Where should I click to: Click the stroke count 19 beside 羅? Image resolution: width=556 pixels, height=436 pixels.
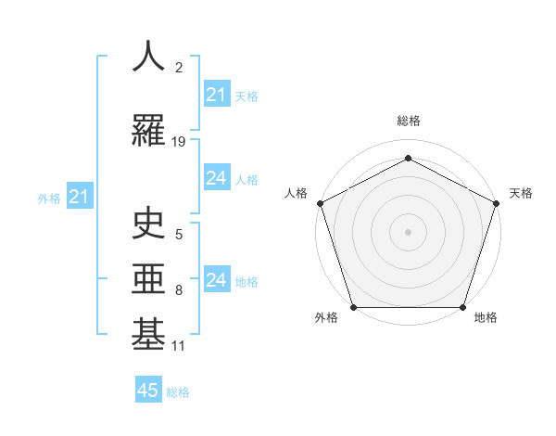tap(179, 142)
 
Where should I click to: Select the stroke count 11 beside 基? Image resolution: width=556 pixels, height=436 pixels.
tap(179, 346)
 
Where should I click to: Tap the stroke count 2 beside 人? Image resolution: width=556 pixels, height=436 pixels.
tap(179, 68)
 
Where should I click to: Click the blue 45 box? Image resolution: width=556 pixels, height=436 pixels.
tap(148, 391)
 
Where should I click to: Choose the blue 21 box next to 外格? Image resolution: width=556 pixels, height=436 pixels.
tap(79, 197)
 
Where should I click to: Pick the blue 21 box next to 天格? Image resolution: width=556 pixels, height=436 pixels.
tap(217, 95)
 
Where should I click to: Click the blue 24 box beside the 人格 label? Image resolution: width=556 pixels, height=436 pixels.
tap(217, 178)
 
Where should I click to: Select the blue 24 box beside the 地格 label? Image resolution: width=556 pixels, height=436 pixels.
tap(217, 280)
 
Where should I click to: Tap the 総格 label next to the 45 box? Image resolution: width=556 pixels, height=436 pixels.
tap(178, 392)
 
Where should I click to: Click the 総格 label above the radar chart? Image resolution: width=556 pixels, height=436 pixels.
tap(408, 121)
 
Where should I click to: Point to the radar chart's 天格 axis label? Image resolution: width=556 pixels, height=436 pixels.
tap(521, 193)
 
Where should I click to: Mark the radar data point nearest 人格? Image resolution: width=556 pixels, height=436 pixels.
tap(321, 203)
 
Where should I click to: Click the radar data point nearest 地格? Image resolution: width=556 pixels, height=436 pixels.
tap(462, 307)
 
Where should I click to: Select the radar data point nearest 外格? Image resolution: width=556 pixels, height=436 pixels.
tap(353, 307)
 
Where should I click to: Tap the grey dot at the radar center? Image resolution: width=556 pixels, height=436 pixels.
tap(408, 232)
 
